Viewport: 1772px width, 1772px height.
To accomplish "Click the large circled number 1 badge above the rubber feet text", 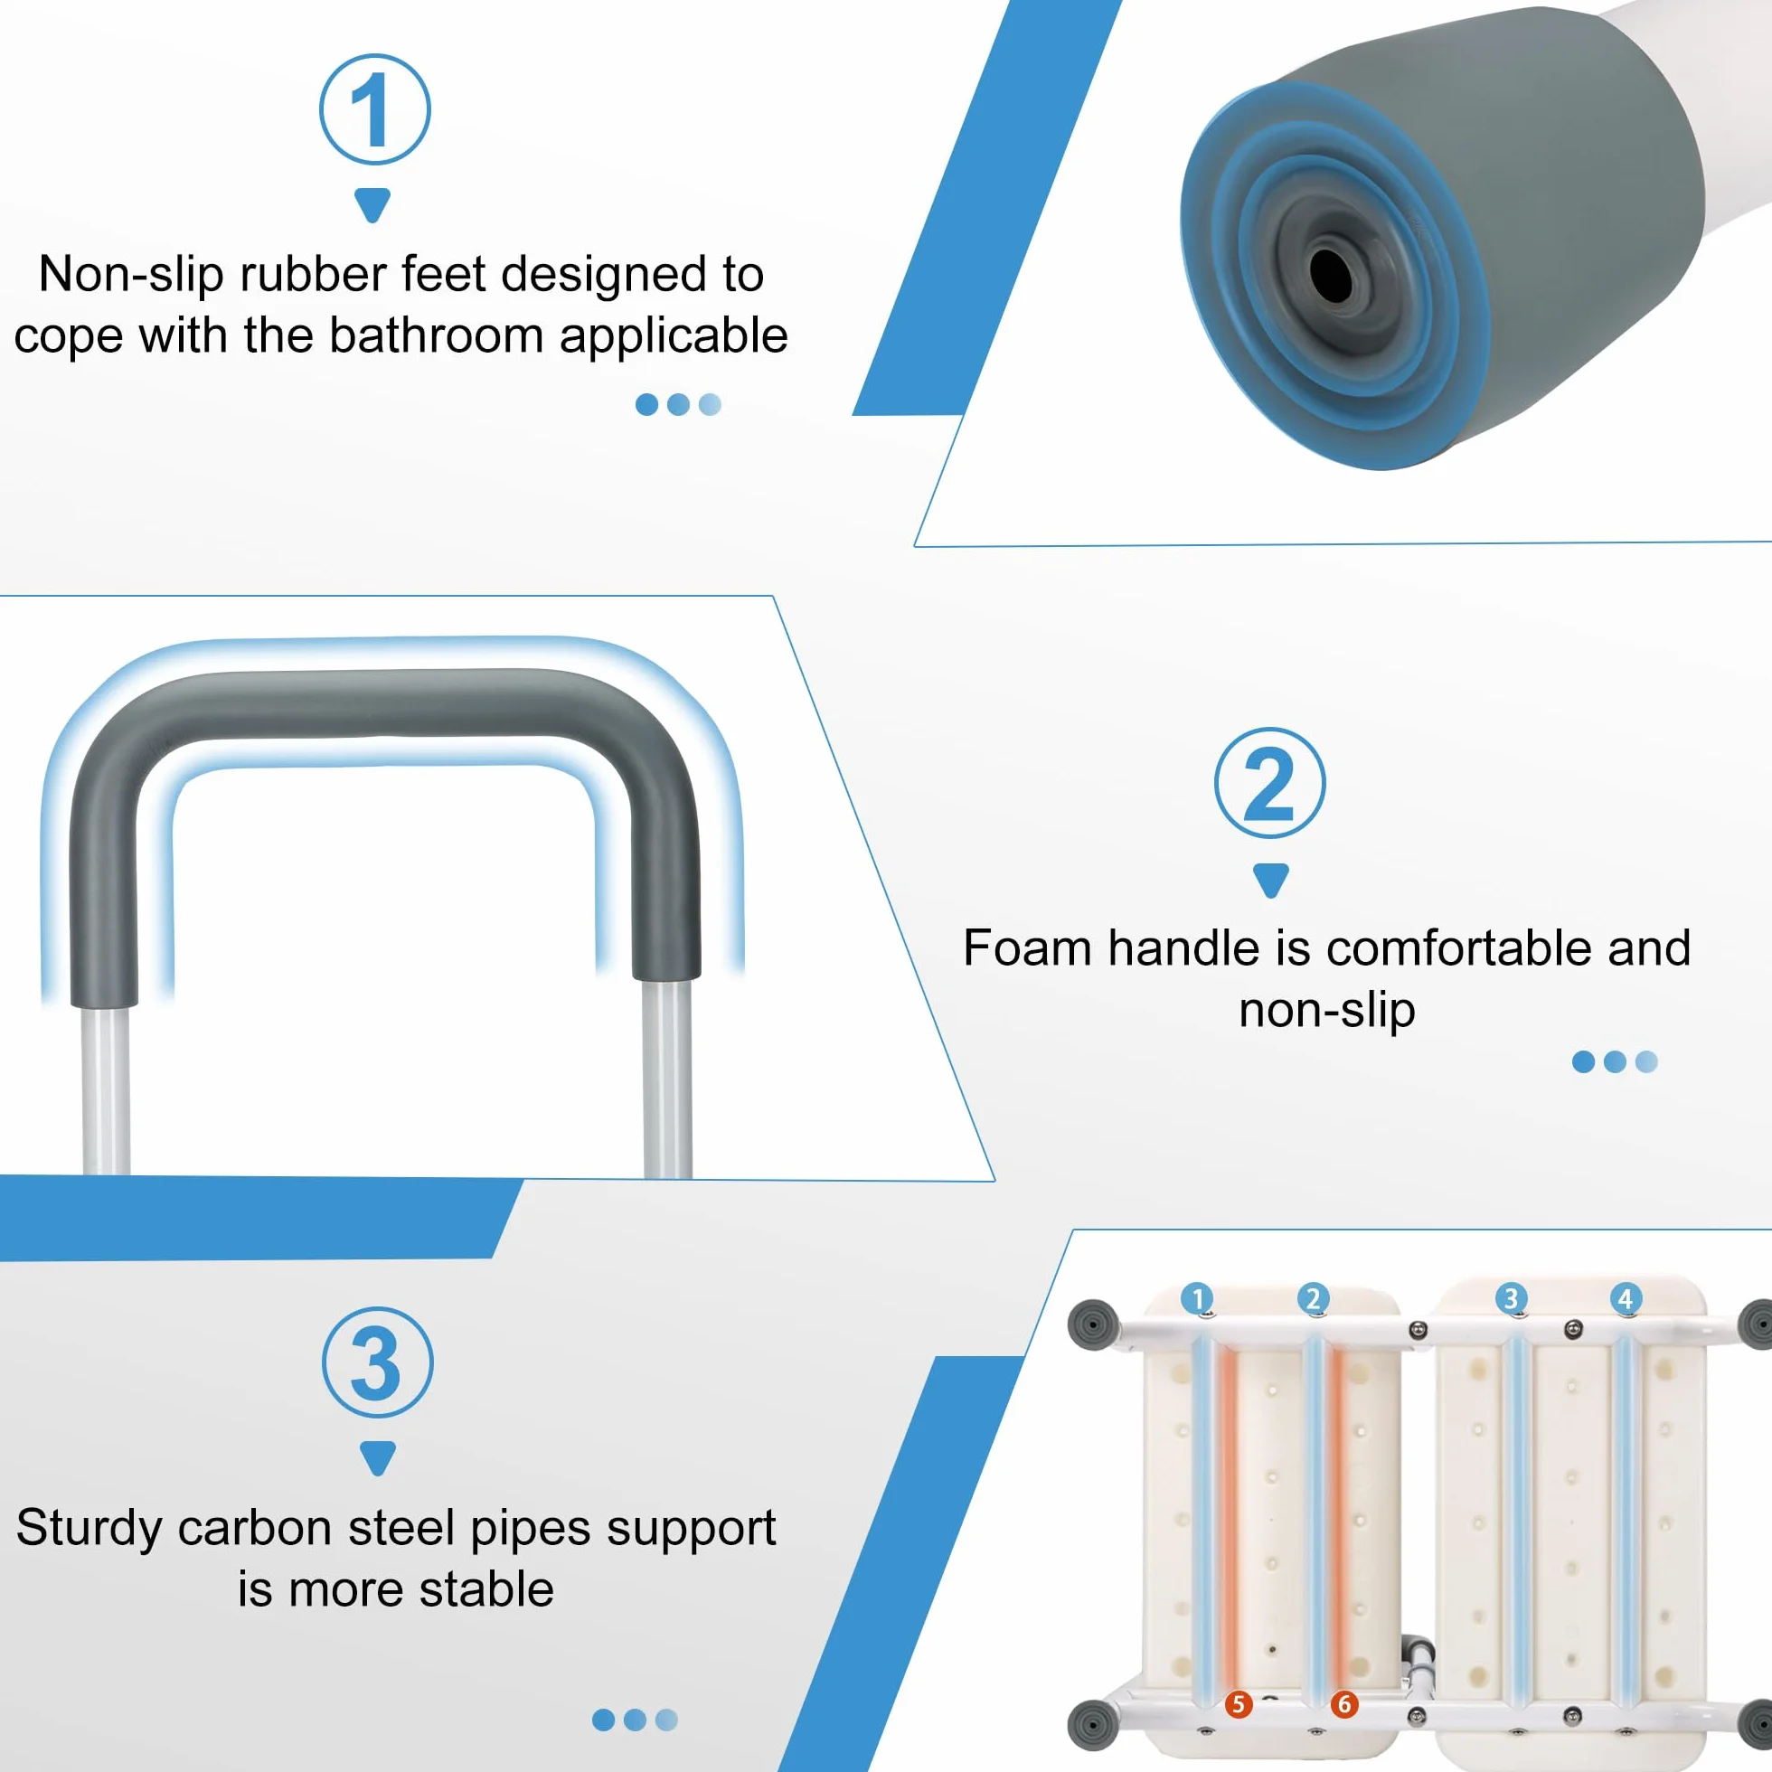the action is pyautogui.click(x=374, y=109).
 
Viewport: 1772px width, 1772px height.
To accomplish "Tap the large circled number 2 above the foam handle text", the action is pyautogui.click(x=1269, y=782).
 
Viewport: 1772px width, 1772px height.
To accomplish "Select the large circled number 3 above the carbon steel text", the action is pyautogui.click(x=377, y=1362).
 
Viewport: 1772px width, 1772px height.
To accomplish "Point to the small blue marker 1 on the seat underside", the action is pyautogui.click(x=1196, y=1299).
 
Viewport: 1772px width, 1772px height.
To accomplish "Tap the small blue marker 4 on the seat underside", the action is pyautogui.click(x=1626, y=1299).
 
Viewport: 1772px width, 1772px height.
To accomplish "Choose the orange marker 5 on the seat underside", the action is pyautogui.click(x=1239, y=1704).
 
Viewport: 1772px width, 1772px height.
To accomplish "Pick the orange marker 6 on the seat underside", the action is pyautogui.click(x=1344, y=1704).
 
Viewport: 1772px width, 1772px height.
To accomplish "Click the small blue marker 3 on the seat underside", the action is pyautogui.click(x=1511, y=1299).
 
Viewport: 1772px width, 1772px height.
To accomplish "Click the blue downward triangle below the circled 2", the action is pyautogui.click(x=1270, y=879).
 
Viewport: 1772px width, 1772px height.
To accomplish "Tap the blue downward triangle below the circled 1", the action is pyautogui.click(x=372, y=204).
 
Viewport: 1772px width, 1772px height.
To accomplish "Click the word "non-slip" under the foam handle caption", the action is pyautogui.click(x=1326, y=1011).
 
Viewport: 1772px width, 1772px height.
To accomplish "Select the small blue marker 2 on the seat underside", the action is pyautogui.click(x=1313, y=1299).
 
